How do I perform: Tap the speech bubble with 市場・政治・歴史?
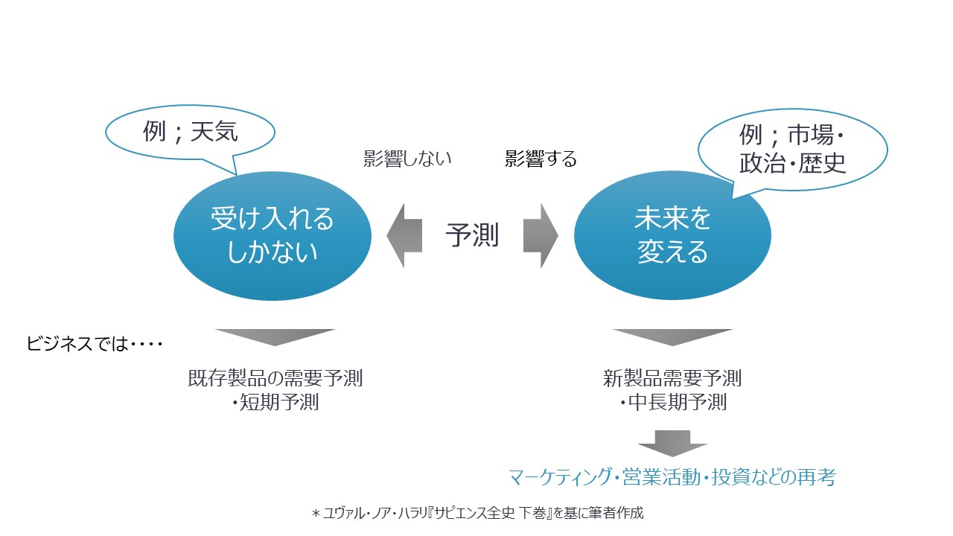tap(792, 150)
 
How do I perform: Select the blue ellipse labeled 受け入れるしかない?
tap(272, 235)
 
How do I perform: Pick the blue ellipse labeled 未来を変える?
tap(672, 235)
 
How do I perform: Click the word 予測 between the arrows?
tap(472, 235)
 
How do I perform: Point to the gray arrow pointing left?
tap(404, 235)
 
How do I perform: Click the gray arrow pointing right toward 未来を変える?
tap(540, 235)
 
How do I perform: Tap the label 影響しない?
tap(407, 159)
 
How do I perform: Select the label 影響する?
tap(541, 159)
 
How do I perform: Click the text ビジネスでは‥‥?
tap(95, 345)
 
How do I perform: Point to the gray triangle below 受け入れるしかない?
tap(275, 337)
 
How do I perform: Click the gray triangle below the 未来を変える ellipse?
tap(672, 337)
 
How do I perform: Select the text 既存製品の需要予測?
tap(275, 378)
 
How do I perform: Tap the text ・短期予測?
tap(275, 403)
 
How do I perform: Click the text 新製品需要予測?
tap(672, 378)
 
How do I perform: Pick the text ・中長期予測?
tap(672, 403)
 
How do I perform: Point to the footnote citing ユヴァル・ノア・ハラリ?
tap(476, 513)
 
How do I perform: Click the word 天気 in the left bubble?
tap(214, 133)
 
